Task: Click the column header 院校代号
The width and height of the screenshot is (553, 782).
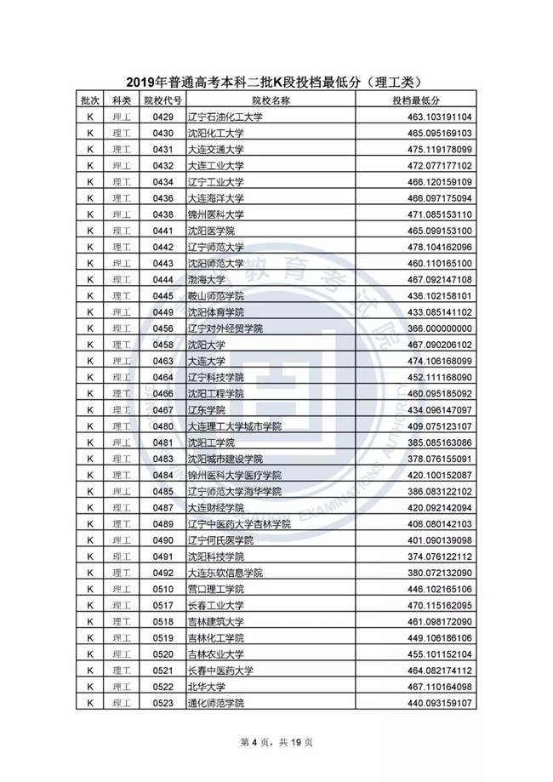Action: (x=162, y=100)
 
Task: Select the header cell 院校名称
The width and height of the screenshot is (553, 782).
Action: (x=273, y=100)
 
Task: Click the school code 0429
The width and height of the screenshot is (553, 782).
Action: (x=162, y=117)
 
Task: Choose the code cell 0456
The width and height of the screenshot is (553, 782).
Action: (x=162, y=328)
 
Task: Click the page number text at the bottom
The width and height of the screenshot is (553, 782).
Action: (x=276, y=742)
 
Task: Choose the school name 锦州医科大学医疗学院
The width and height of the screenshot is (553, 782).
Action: (x=234, y=475)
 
